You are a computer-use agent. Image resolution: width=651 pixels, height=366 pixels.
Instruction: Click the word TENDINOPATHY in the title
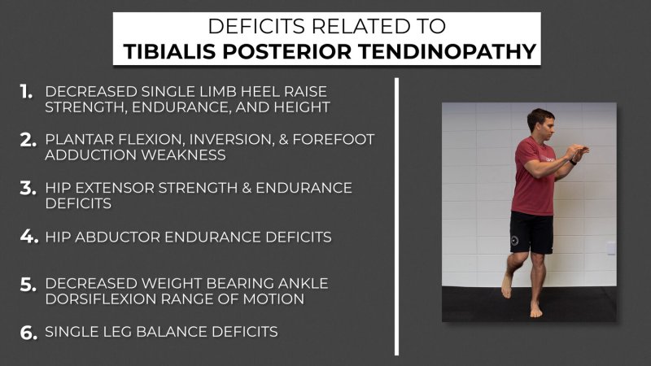tap(447, 51)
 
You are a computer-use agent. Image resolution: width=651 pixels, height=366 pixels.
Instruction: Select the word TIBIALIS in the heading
tap(169, 51)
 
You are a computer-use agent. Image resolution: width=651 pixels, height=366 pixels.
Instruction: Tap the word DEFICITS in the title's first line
tap(256, 26)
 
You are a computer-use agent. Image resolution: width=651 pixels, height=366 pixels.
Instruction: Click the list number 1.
tap(26, 92)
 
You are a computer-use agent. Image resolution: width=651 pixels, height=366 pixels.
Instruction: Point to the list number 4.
tap(29, 237)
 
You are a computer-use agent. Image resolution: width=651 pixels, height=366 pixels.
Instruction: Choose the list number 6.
tap(28, 333)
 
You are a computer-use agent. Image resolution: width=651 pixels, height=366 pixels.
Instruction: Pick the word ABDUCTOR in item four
tap(118, 237)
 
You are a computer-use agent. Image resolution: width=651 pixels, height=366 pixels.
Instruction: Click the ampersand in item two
tap(283, 139)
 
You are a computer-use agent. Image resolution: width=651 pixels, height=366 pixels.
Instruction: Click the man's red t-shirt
tap(533, 176)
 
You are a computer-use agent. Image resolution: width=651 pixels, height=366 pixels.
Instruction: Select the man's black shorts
tap(531, 232)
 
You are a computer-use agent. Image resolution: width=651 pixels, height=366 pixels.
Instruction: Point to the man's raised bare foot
tap(506, 285)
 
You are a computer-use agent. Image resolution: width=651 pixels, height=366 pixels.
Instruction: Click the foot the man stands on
tap(536, 310)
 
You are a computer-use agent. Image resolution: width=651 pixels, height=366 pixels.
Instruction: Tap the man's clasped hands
tap(577, 152)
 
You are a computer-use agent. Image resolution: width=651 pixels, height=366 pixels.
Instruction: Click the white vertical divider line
tap(396, 216)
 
